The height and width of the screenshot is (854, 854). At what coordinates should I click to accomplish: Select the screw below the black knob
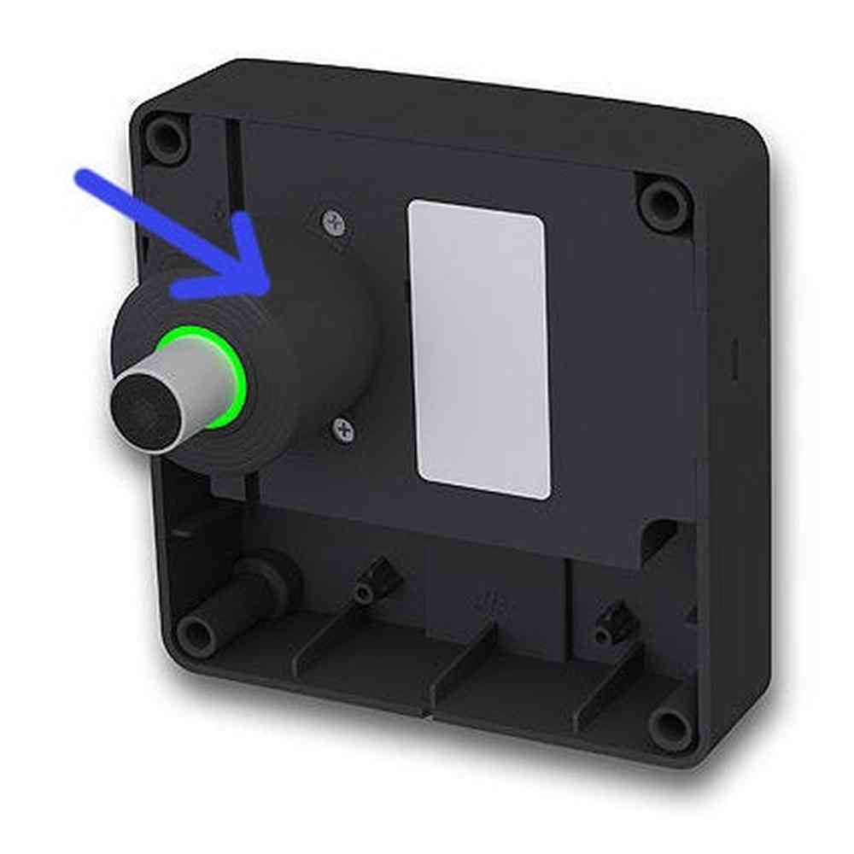[344, 429]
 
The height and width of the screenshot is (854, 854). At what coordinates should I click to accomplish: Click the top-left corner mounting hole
[166, 137]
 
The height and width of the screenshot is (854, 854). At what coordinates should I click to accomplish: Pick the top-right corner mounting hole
[664, 203]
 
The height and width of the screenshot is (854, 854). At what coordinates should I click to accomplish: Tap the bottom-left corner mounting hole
[196, 635]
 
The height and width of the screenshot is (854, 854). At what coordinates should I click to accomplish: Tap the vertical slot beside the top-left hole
[231, 162]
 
